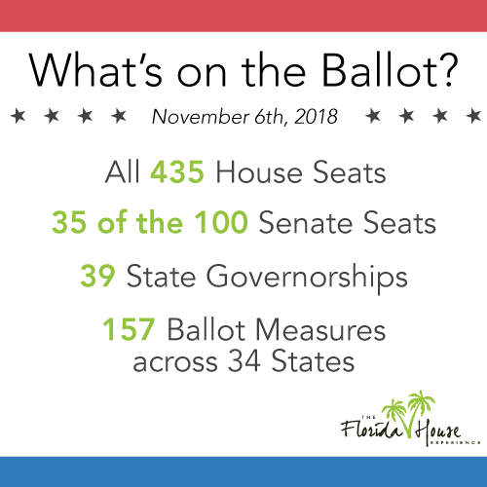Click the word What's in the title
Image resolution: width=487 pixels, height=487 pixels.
coord(110,71)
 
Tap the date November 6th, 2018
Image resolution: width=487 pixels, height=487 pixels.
coord(243,117)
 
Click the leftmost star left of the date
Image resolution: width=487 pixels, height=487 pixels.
coord(17,116)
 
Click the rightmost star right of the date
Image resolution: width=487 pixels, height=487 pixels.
coord(469,116)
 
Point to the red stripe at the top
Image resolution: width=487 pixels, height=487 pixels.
coord(243,16)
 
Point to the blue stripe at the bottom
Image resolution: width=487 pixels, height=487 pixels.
coord(243,471)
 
